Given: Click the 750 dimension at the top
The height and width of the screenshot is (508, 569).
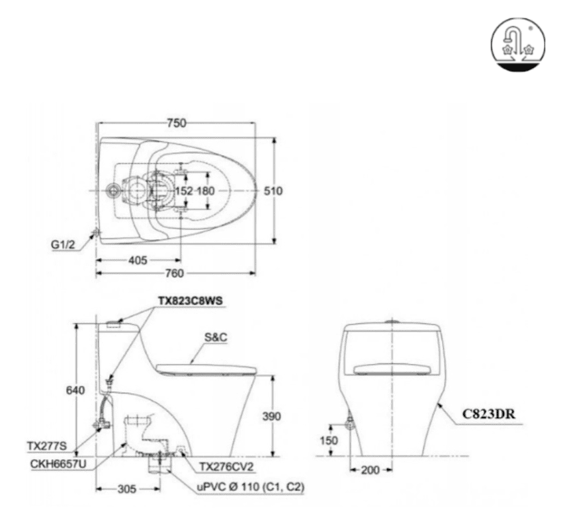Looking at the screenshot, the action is coord(177,123).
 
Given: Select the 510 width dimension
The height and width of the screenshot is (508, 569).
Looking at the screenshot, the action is coord(273,191).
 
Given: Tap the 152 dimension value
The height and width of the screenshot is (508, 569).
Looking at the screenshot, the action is coord(184,191).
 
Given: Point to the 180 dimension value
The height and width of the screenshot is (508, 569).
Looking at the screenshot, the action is coord(206,191).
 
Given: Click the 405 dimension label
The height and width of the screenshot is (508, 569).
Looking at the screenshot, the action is coord(138,260).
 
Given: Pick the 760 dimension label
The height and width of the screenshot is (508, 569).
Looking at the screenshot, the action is coord(175,273).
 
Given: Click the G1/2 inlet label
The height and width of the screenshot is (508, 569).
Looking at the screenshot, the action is coord(63,244).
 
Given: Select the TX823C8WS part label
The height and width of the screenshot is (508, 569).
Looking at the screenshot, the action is coord(190,301).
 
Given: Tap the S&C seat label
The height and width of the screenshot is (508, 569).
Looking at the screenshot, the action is coord(216,338).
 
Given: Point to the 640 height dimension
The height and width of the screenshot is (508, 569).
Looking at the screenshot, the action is coord(75,390).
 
